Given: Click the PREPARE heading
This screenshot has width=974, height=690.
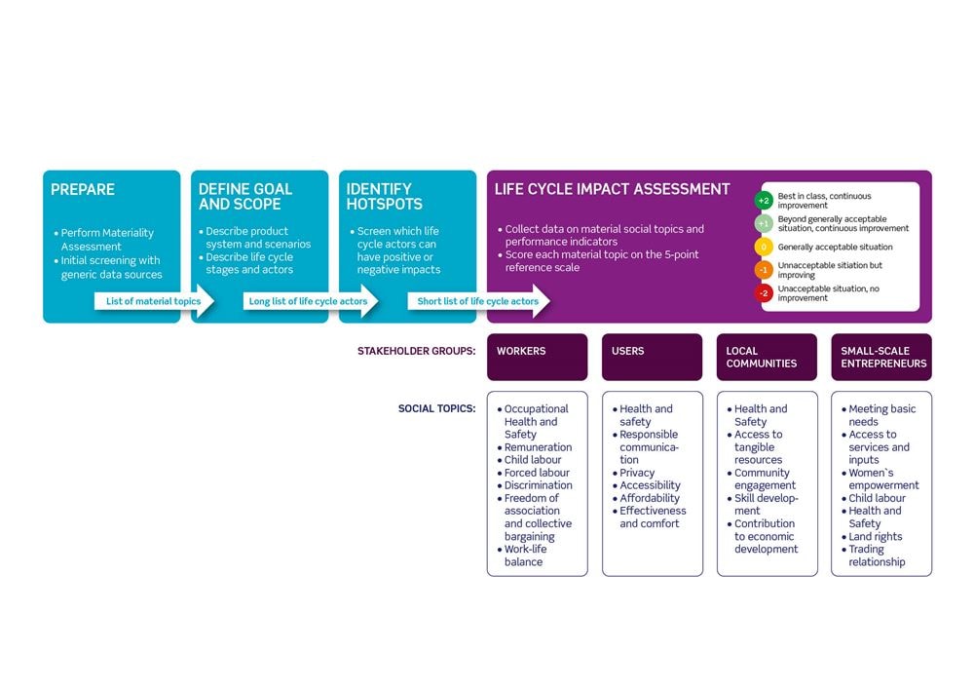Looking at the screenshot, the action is [83, 190].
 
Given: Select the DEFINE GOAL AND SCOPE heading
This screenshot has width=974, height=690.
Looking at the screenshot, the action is [245, 197].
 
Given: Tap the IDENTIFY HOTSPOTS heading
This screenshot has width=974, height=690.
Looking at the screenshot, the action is [385, 197].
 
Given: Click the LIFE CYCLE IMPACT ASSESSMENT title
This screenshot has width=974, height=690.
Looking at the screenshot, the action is [612, 189].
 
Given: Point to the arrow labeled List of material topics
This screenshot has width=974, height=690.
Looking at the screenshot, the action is [154, 301].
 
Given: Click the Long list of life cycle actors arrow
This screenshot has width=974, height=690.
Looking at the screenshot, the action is [310, 301].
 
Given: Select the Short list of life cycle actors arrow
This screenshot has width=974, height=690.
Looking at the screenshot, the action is [478, 301].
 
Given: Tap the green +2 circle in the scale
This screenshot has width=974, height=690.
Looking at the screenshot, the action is [764, 200].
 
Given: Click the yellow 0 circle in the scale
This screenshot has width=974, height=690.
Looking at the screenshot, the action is [764, 247].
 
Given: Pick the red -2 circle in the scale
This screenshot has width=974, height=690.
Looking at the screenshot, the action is [764, 293].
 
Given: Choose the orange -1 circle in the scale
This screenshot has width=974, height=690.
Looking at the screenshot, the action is [764, 270].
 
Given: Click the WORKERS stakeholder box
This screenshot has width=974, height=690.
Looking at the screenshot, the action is [538, 357].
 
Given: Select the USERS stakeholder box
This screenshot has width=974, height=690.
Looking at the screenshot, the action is [653, 357].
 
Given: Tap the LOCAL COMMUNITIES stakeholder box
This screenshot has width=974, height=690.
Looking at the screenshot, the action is [767, 357].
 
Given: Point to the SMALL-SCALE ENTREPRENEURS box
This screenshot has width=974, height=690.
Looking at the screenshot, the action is [881, 357].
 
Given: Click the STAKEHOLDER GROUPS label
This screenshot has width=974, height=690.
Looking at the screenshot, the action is [416, 351].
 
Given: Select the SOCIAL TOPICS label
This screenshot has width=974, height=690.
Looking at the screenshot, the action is [436, 409].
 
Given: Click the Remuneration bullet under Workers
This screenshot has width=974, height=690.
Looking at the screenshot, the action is [535, 447].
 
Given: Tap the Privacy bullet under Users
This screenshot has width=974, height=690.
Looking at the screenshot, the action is [634, 473].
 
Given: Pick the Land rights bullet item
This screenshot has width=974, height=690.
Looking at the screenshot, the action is [872, 536].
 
